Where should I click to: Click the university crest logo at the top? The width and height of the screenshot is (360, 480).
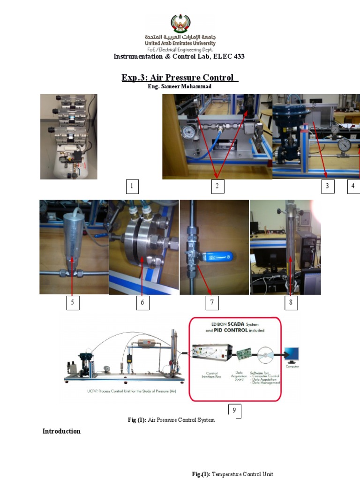click(x=180, y=23)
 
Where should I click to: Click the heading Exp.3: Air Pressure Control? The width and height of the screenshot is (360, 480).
click(x=180, y=77)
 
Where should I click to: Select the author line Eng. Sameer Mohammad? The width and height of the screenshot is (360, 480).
click(x=180, y=87)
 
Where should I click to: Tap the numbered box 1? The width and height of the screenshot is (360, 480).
click(x=132, y=187)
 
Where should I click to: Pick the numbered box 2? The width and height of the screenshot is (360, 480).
click(x=217, y=187)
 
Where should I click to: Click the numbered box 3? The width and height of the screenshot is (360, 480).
click(x=328, y=187)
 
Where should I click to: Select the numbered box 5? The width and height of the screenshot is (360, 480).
click(x=72, y=303)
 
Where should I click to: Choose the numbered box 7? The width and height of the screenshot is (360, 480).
click(x=212, y=303)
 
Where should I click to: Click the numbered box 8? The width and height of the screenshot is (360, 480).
click(x=291, y=303)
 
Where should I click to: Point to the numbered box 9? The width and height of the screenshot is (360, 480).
click(x=235, y=411)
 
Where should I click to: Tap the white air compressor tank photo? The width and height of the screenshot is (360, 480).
click(x=68, y=137)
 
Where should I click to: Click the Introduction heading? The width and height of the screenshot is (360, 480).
click(x=61, y=431)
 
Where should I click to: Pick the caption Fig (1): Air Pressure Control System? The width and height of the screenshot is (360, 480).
click(x=171, y=420)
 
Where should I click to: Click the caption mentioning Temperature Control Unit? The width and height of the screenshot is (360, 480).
click(x=232, y=474)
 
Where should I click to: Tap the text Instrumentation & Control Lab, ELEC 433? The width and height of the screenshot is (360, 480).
click(x=180, y=57)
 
